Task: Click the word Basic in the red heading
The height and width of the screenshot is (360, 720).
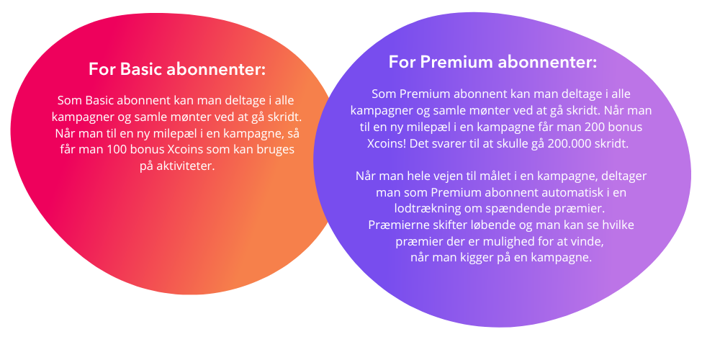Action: point(140,70)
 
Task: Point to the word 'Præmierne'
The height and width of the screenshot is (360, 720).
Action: point(395,225)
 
